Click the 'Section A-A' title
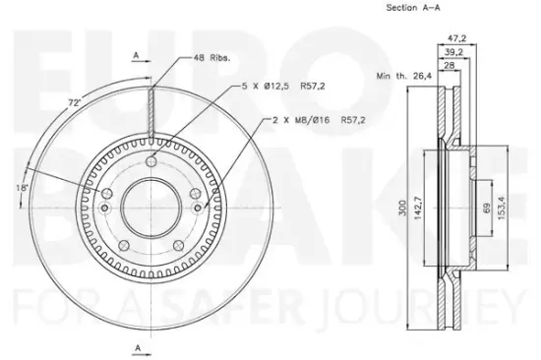coord(413,8)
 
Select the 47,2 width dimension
coord(456,38)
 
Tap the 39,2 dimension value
coord(453,52)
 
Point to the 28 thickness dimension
coord(449,65)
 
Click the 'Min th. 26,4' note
coord(403,76)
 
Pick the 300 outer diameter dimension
coord(402,208)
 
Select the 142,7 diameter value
coord(418,208)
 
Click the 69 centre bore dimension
coord(487,209)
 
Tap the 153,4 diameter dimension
coord(501,208)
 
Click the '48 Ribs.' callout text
coord(211,58)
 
